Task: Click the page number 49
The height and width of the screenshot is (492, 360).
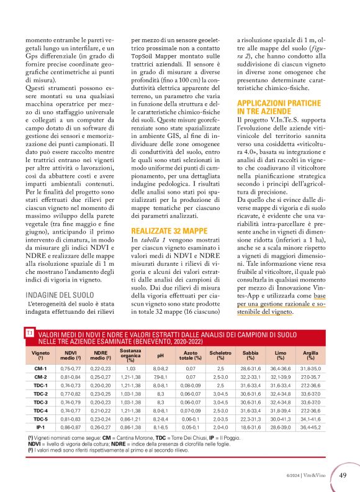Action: tap(343, 475)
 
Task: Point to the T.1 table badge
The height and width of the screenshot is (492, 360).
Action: tap(30, 334)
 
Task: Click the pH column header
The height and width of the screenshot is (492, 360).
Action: tap(160, 356)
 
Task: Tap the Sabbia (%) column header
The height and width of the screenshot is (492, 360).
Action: tap(251, 356)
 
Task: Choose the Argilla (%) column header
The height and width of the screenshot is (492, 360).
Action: tap(310, 356)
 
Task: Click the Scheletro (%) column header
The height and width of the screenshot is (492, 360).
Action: tap(220, 356)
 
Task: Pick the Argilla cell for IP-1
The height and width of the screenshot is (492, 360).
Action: tap(310, 429)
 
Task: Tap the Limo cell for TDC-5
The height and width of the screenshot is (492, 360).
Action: tap(281, 420)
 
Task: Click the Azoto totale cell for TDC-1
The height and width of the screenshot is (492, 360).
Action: tap(190, 385)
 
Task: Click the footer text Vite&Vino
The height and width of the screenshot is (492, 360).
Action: tap(319, 476)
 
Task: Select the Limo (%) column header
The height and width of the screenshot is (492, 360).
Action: tap(281, 356)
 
